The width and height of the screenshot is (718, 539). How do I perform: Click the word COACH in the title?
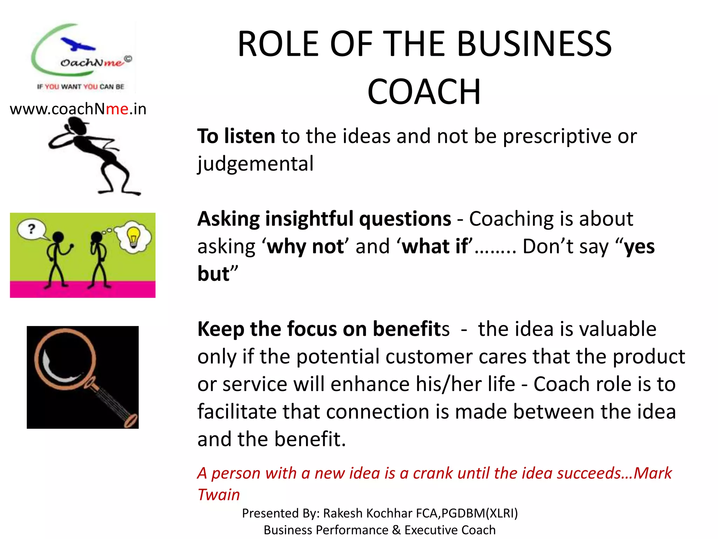coord(424,92)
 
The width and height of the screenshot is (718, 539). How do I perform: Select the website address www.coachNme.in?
coord(78,109)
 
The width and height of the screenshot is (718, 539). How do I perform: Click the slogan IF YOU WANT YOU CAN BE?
coord(81,87)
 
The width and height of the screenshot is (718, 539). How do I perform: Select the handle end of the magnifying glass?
coord(131,420)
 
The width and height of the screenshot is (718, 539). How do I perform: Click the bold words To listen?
coord(236,136)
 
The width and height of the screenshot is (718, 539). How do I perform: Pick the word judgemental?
coord(255,164)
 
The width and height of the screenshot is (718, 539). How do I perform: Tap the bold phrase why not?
coord(305,246)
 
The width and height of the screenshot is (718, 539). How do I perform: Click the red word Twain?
coord(218,495)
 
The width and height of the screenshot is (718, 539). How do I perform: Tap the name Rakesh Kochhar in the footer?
coord(367,513)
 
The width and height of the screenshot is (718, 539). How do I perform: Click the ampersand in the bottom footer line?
coord(396,530)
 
